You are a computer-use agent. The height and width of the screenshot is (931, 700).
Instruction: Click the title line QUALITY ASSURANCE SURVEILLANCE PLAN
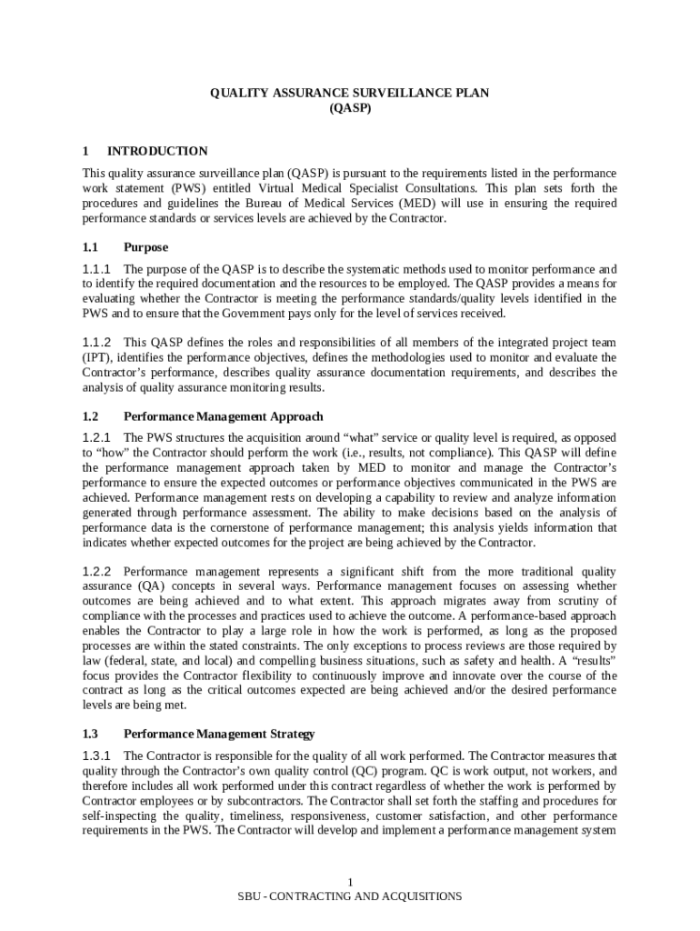click(350, 93)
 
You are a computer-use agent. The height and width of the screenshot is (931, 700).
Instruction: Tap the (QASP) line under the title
click(350, 107)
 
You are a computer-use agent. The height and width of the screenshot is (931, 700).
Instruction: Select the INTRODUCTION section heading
click(157, 151)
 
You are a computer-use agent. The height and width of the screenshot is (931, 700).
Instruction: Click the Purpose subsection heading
click(145, 247)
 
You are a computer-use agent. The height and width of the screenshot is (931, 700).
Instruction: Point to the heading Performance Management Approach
click(223, 416)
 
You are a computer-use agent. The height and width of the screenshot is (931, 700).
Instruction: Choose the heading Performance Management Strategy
click(219, 733)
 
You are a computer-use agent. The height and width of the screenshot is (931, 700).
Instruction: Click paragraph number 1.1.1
click(96, 269)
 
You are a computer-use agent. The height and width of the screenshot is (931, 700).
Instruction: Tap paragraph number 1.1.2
click(96, 343)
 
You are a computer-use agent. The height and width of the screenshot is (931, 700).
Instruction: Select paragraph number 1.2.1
click(96, 438)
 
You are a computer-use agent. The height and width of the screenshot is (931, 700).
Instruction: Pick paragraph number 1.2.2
click(96, 572)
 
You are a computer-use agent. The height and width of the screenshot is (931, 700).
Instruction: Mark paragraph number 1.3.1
click(96, 756)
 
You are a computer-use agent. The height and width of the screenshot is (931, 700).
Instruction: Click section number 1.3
click(90, 733)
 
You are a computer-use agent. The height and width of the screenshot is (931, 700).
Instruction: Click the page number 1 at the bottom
click(350, 883)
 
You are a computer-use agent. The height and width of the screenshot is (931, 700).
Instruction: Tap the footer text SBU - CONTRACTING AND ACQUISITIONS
click(350, 896)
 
